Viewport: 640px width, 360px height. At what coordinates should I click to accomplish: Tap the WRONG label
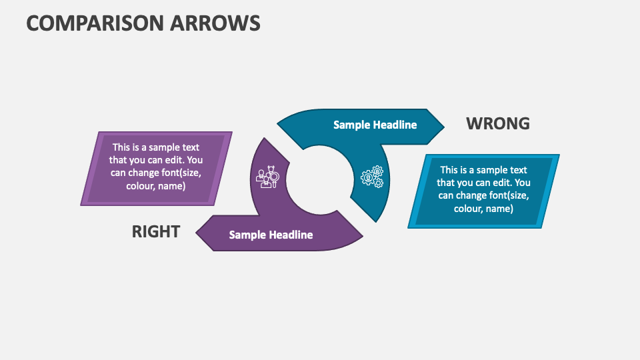point(497,123)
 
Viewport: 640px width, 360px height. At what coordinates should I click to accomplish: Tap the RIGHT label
point(156,231)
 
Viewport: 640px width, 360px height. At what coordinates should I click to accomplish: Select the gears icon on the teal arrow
point(372,176)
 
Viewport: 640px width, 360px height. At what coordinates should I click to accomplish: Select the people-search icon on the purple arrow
point(267,177)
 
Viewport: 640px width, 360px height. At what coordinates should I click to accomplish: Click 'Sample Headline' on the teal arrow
point(375,125)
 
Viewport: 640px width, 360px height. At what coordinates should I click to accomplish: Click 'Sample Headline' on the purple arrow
point(271,235)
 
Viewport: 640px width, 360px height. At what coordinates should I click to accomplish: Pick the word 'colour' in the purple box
point(140,186)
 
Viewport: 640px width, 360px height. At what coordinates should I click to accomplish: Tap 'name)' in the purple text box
point(172,186)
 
